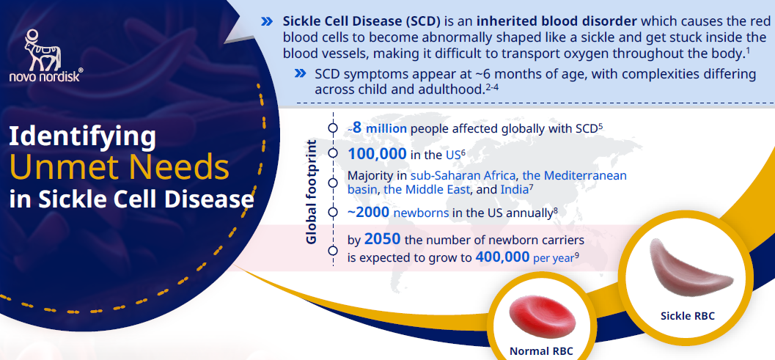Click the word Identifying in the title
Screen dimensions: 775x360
tap(83, 137)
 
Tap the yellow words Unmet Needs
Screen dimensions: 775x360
tap(119, 168)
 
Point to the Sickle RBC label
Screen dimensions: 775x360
tap(688, 315)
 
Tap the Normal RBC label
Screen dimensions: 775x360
tap(541, 351)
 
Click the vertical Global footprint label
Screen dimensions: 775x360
tap(311, 192)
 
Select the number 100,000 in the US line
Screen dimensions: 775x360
tap(377, 154)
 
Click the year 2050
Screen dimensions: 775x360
tap(382, 239)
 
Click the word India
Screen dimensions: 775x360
tap(514, 189)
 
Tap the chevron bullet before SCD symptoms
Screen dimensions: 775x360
tap(300, 73)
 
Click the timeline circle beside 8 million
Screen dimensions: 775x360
tap(333, 128)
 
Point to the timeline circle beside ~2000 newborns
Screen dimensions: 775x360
tap(333, 213)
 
